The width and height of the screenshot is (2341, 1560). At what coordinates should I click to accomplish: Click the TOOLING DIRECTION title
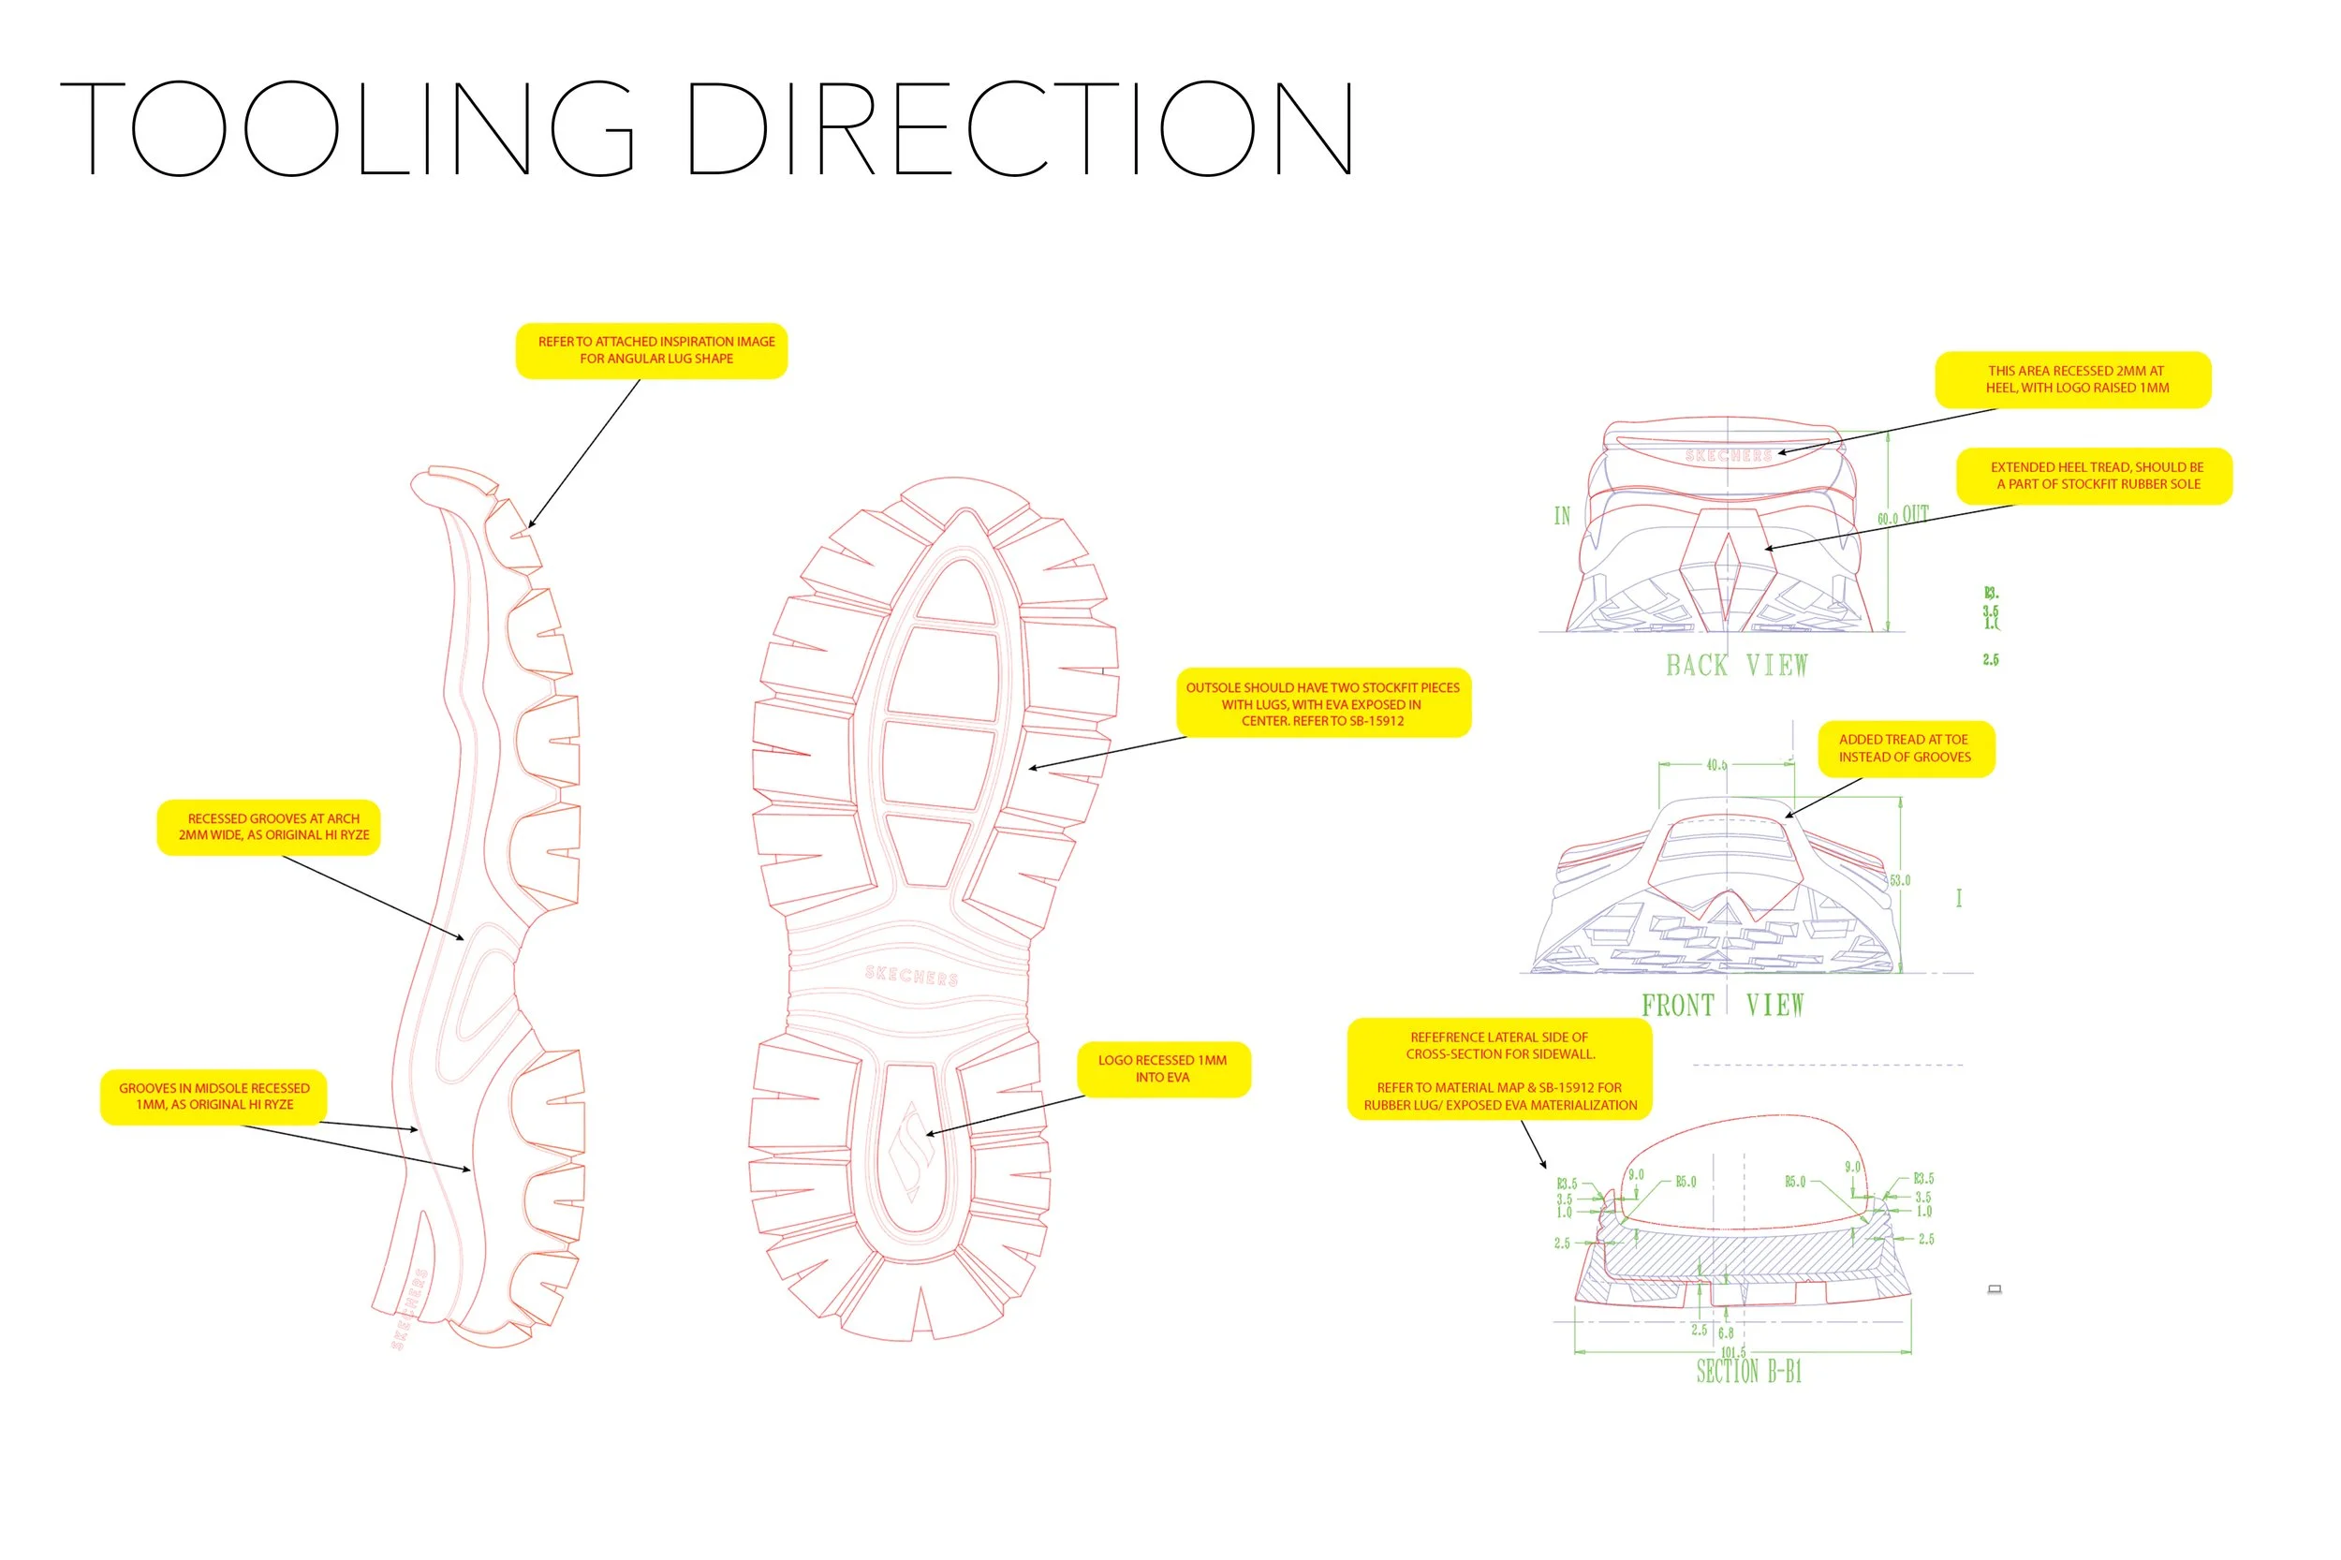(x=706, y=129)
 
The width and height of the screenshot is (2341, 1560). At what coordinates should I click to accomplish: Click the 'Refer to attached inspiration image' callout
(x=652, y=350)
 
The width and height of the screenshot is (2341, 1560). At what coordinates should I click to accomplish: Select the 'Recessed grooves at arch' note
(x=269, y=827)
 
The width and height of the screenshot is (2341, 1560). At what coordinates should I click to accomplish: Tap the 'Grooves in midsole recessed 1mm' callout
(x=213, y=1096)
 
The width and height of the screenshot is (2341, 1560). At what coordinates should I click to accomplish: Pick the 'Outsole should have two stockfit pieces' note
(x=1322, y=703)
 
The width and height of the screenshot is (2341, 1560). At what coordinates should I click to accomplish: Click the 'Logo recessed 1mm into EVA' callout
(x=1162, y=1068)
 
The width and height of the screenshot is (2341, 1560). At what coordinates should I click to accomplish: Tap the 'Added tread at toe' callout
(x=1905, y=748)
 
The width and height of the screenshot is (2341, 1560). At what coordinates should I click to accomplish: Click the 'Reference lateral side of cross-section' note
(x=1499, y=1070)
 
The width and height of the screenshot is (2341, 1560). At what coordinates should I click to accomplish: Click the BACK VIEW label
(x=1736, y=666)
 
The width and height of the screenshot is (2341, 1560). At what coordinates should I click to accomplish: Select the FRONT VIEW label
(x=1722, y=1005)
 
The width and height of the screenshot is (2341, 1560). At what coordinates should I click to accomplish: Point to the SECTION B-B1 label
(x=1748, y=1372)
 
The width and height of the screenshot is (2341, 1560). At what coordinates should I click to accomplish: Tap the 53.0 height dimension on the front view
(x=1899, y=880)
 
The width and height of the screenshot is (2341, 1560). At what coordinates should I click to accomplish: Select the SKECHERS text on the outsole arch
(x=911, y=975)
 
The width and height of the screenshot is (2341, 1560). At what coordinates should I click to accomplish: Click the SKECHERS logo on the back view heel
(x=1729, y=456)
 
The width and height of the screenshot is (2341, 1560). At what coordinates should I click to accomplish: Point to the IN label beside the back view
(x=1562, y=515)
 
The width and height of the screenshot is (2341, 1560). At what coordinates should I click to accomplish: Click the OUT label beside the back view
(x=1915, y=514)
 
